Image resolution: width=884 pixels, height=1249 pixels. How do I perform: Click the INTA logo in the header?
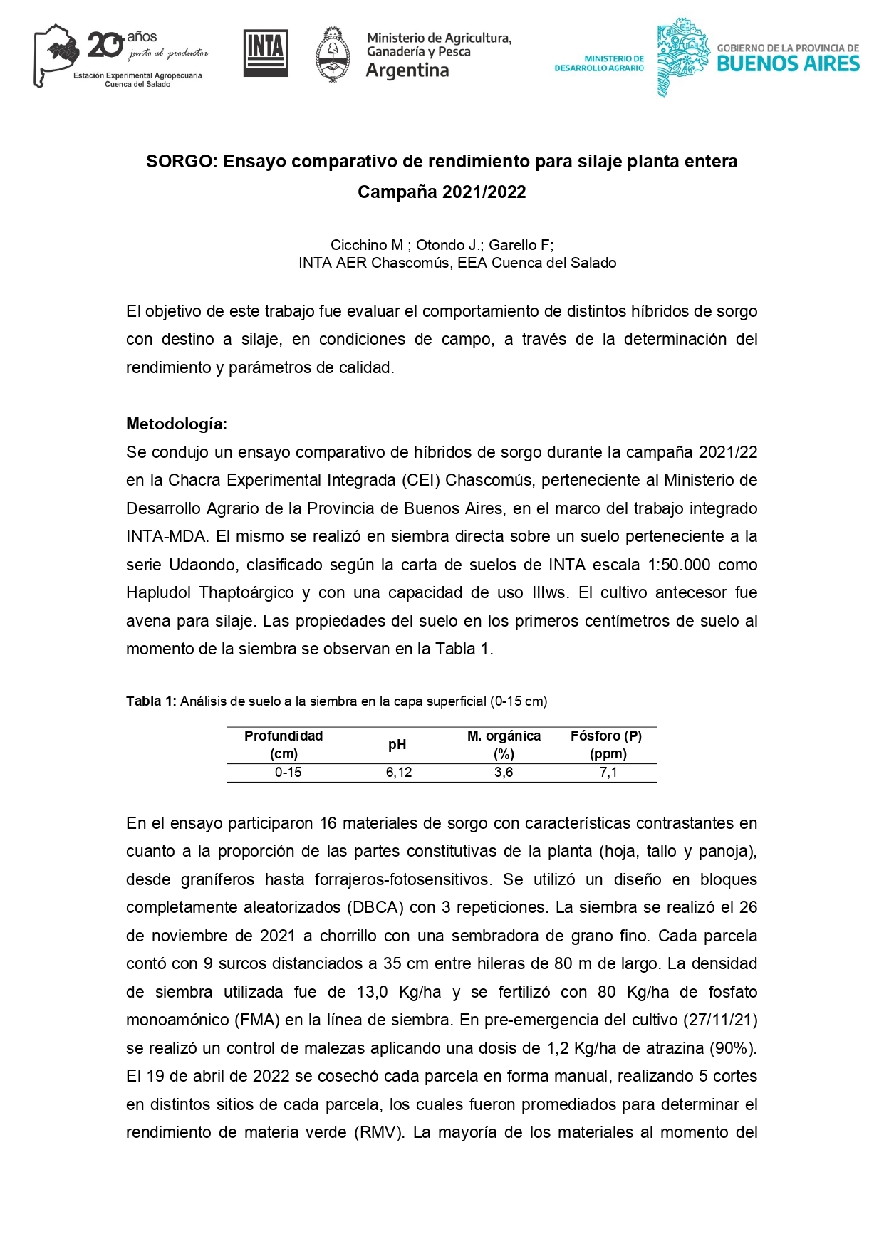[266, 53]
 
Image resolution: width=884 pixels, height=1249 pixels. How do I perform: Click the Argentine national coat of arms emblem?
[332, 55]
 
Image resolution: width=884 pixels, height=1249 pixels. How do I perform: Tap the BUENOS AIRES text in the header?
[788, 64]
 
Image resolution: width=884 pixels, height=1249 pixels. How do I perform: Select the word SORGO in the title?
[180, 162]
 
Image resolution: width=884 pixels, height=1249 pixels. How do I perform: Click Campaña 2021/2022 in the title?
[442, 192]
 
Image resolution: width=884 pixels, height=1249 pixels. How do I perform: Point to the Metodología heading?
[177, 424]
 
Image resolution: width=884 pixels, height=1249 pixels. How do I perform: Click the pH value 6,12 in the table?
[399, 773]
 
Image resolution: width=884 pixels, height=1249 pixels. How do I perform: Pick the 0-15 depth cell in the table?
[288, 773]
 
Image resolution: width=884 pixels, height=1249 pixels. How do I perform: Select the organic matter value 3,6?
[504, 773]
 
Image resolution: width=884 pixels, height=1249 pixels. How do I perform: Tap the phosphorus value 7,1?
[608, 773]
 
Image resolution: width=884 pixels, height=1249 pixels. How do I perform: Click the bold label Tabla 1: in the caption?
[151, 701]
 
